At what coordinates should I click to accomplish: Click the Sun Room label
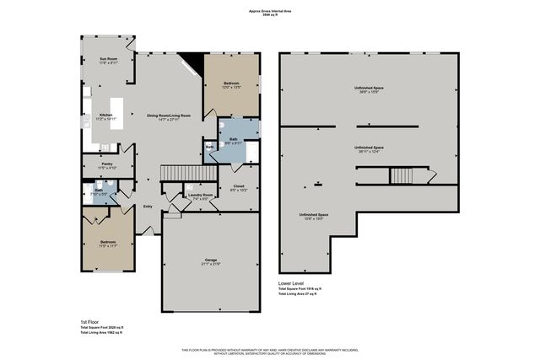[x=108, y=59]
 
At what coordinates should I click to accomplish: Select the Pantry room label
[x=106, y=165]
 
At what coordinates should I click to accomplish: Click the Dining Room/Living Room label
[x=169, y=116]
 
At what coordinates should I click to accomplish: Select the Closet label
[x=238, y=187]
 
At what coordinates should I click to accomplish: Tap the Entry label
[x=148, y=206]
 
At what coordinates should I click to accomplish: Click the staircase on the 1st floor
[x=178, y=173]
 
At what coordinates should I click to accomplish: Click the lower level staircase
[x=399, y=176]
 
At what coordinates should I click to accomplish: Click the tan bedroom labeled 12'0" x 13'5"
[x=231, y=84]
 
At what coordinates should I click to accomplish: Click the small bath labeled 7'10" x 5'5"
[x=99, y=192]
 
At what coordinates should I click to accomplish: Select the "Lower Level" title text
[x=294, y=283]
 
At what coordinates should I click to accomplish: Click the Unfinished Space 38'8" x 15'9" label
[x=369, y=88]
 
